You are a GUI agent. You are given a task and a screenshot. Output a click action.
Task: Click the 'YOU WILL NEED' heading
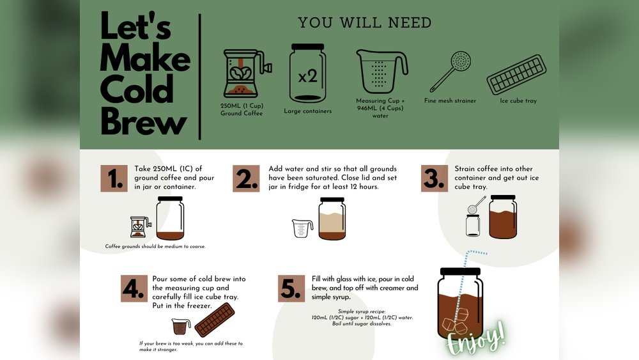(x=365, y=23)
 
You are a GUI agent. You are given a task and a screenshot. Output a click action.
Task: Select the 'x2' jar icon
(x=307, y=74)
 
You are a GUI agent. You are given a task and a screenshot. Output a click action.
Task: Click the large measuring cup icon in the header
(x=381, y=71)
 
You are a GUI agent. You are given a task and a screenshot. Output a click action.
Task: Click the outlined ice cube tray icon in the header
(x=517, y=74)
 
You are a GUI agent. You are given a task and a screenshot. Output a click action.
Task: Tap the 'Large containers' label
(x=307, y=111)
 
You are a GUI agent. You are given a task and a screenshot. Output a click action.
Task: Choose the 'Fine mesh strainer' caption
(x=450, y=101)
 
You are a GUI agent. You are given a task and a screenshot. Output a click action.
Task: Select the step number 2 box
(x=246, y=178)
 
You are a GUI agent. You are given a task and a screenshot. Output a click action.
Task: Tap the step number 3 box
(x=434, y=178)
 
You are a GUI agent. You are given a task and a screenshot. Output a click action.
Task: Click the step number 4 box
(x=134, y=288)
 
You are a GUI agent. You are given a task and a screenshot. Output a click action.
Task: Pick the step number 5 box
(x=291, y=288)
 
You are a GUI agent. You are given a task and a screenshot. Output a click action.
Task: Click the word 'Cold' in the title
(x=137, y=90)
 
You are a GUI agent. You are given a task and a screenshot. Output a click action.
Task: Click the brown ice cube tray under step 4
(x=214, y=320)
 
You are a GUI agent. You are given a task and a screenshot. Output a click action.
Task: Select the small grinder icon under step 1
(x=140, y=227)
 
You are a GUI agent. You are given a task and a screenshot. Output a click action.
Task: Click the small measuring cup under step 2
(x=302, y=228)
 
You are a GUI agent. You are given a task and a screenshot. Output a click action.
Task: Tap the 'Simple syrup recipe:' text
(x=363, y=311)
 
